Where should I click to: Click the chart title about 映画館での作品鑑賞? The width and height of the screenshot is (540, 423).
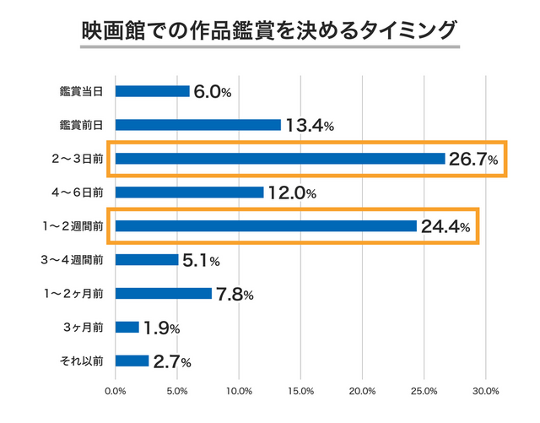pos(269,30)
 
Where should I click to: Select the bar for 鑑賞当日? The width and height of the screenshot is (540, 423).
pos(152,91)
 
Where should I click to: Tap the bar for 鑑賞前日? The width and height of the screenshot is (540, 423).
pos(197,125)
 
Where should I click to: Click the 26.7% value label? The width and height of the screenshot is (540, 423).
pos(473,159)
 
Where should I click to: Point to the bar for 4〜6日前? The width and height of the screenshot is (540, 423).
pos(189,193)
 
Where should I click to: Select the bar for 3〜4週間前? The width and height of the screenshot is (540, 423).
pos(146,260)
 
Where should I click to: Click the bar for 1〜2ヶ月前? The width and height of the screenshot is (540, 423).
pos(163,294)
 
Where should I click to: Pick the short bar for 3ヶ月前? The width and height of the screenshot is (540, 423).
pos(127,328)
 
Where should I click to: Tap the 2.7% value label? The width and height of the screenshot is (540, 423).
pos(172,362)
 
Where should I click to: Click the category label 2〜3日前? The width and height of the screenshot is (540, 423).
pos(78,159)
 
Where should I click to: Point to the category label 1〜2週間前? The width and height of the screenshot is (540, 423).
pos(74,226)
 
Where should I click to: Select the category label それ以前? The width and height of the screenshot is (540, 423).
pos(83,361)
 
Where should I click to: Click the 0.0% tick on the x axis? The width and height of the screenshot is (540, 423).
pos(115,391)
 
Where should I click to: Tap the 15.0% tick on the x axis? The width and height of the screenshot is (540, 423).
pos(300,391)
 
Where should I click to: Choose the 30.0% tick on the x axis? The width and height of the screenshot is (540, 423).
pos(486,391)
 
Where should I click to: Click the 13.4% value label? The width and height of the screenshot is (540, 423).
pos(310,126)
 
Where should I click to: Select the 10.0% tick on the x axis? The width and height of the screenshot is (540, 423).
pos(239,391)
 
